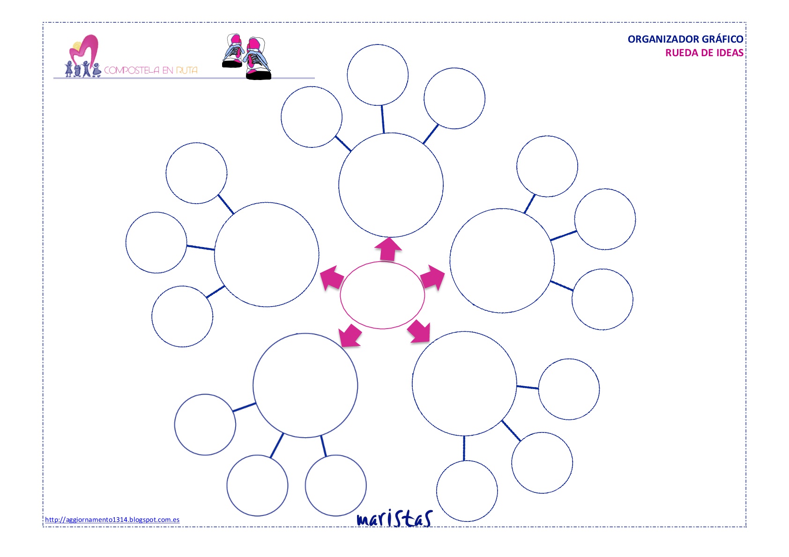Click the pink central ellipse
click(x=340, y=295)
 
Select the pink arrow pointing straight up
click(x=388, y=249)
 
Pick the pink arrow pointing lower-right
click(x=419, y=331)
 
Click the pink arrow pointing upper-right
click(x=432, y=277)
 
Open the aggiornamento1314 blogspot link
click(x=112, y=520)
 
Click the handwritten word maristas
click(x=394, y=518)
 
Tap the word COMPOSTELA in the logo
click(x=132, y=70)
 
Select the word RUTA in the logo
click(x=186, y=70)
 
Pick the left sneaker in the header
click(x=233, y=51)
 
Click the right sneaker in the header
click(x=258, y=59)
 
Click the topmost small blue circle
click(x=378, y=44)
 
